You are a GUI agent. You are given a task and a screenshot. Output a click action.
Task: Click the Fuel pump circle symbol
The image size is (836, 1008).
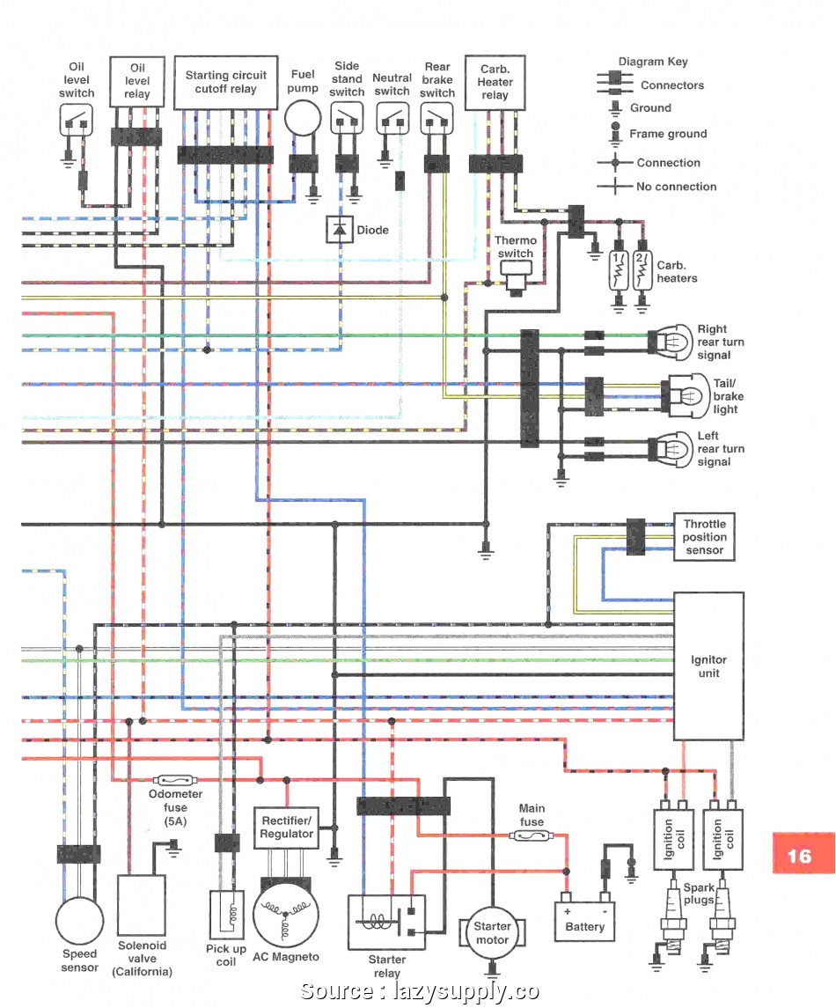(304, 119)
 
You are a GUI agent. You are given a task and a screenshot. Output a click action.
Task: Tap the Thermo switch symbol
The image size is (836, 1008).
(515, 279)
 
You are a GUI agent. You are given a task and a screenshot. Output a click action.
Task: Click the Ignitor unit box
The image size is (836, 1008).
(708, 666)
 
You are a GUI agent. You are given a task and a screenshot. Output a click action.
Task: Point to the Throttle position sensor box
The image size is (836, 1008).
(704, 537)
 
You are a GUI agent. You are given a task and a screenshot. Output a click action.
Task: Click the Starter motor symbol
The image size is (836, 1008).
(492, 933)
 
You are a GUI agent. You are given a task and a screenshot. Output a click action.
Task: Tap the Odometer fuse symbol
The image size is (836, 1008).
(174, 780)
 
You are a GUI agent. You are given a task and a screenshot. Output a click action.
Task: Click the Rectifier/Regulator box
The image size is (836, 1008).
(286, 828)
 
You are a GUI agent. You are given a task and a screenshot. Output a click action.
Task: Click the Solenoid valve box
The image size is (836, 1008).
(142, 906)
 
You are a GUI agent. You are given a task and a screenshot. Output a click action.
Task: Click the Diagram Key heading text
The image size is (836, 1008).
(653, 62)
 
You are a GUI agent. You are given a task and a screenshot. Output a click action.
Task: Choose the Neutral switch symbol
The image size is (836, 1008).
(392, 118)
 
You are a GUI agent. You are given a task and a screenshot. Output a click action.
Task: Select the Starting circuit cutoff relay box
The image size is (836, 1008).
(226, 83)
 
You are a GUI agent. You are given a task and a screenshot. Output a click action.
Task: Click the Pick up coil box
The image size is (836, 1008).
(227, 915)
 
